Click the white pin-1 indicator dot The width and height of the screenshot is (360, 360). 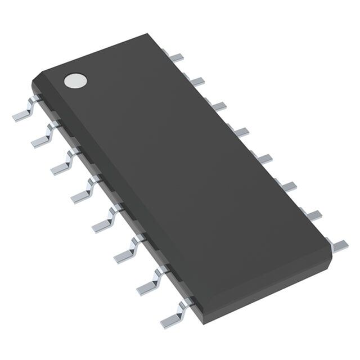click(75, 80)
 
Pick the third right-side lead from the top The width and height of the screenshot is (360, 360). click(217, 106)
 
